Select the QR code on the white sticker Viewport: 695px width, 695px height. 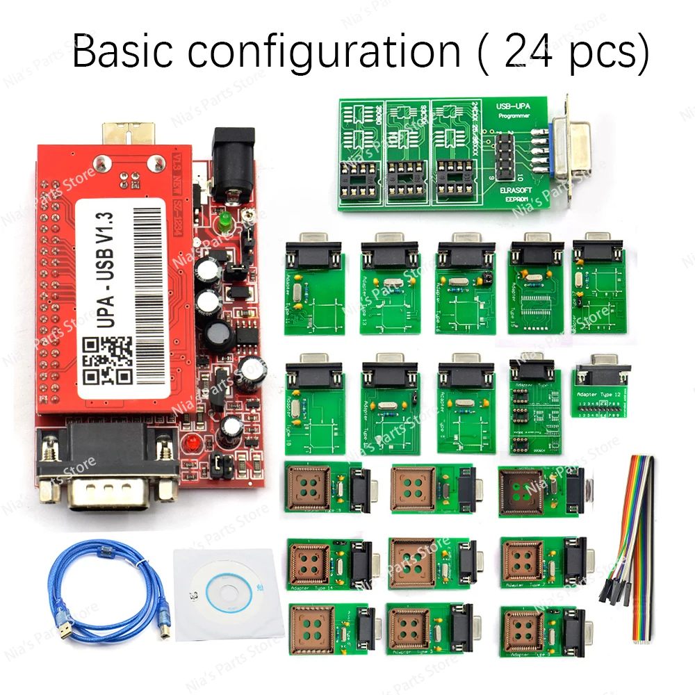[108, 361]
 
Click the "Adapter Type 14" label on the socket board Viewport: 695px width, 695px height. [320, 590]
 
